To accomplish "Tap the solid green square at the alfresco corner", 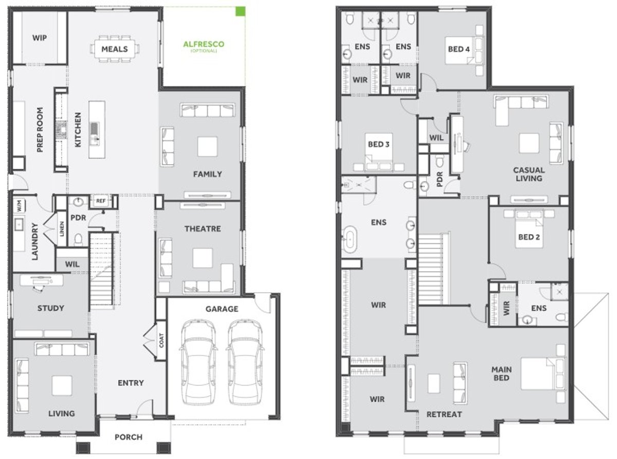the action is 240,11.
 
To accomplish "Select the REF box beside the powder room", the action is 101,201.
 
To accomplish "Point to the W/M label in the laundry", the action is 20,206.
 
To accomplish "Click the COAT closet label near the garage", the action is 161,340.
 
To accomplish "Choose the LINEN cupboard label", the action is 62,228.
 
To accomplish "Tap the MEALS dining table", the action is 115,49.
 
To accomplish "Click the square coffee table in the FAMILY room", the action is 207,146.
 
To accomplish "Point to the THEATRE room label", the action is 203,228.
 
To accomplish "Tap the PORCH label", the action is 129,437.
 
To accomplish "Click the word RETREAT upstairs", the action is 444,414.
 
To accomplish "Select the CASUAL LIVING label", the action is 529,174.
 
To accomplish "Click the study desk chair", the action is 38,289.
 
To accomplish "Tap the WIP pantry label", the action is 40,38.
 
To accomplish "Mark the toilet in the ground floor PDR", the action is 79,240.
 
